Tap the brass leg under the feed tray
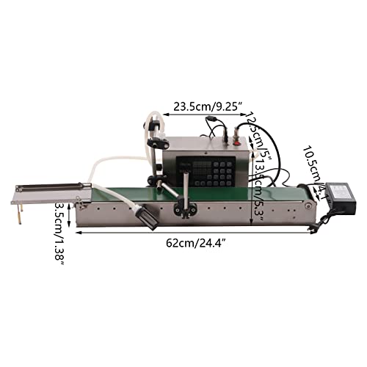23,212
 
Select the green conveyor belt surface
220,192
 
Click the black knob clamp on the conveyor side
178,211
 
